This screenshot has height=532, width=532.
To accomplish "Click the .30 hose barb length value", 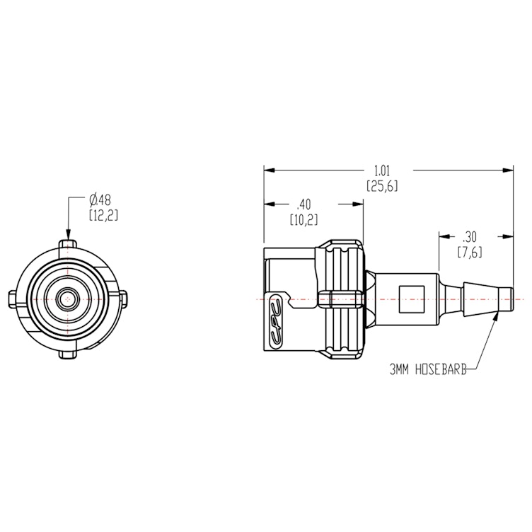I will click(x=469, y=236).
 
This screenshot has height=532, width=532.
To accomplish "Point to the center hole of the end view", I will click(x=68, y=299).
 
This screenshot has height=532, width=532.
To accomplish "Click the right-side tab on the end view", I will click(x=124, y=299).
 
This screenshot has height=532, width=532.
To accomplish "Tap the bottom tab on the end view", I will click(x=68, y=354).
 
